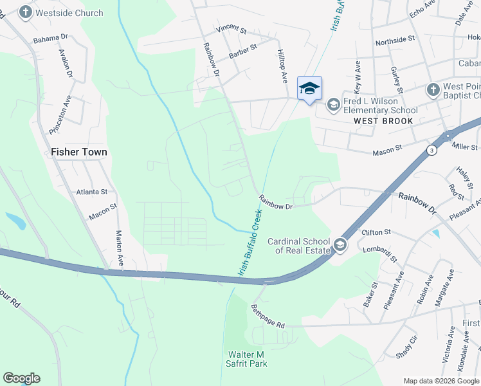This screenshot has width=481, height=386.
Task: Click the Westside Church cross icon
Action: pyautogui.click(x=26, y=12)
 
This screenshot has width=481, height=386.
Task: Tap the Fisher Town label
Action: pyautogui.click(x=78, y=152)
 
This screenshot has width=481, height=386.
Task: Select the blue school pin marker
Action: pyautogui.click(x=309, y=88)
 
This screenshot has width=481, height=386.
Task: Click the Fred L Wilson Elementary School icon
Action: pyautogui.click(x=333, y=104)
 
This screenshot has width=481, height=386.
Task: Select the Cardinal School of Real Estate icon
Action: pyautogui.click(x=340, y=245)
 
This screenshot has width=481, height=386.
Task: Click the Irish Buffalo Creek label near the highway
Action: pyautogui.click(x=251, y=242)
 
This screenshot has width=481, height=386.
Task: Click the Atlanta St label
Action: pyautogui.click(x=91, y=192)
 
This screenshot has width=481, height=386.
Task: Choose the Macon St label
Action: pyautogui.click(x=103, y=211)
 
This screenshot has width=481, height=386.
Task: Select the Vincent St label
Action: pyautogui.click(x=231, y=30)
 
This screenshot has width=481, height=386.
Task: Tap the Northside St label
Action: pyautogui.click(x=395, y=40)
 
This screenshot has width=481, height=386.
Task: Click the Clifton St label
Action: pyautogui.click(x=376, y=232)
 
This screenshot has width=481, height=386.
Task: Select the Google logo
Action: pyautogui.click(x=21, y=378)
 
